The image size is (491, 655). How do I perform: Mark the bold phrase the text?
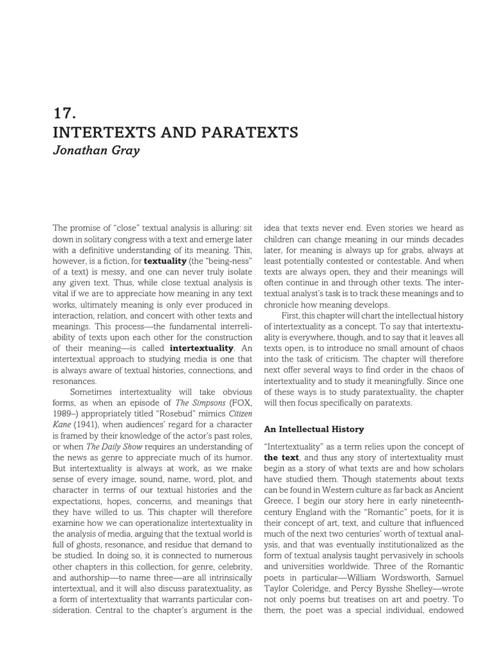pyautogui.click(x=280, y=457)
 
